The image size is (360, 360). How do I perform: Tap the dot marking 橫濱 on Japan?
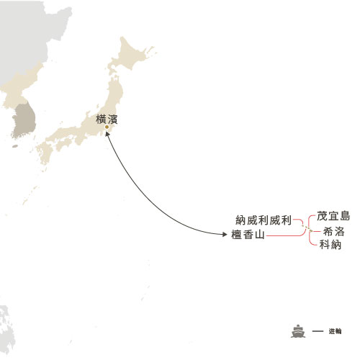pyautogui.click(x=107, y=128)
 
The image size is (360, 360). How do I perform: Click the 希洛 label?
pyautogui.click(x=333, y=231)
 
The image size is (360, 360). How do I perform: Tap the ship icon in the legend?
pyautogui.click(x=297, y=332)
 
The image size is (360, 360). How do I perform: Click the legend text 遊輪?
pyautogui.click(x=334, y=332)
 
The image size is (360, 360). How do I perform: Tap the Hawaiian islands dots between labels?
pyautogui.click(x=307, y=230)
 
